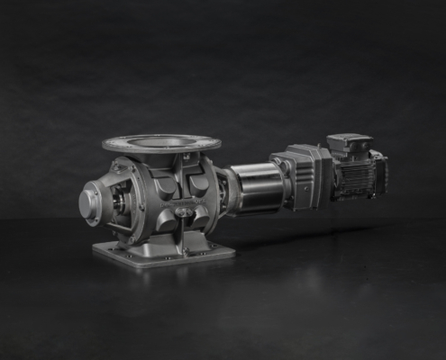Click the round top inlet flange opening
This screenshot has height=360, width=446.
[x=162, y=141]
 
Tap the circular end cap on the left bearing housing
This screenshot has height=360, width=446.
[x=90, y=203]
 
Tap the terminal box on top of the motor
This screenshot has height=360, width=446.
[x=349, y=144]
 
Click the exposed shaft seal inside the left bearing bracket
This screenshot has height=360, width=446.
[x=117, y=202]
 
